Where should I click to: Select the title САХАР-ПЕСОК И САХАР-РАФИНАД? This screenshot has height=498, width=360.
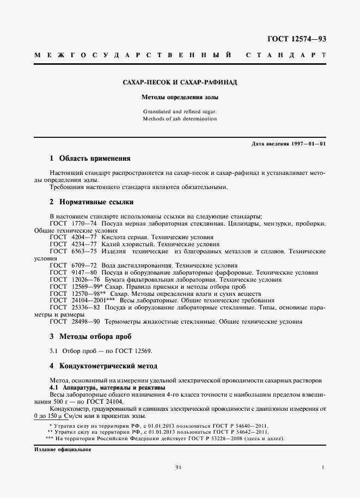pyautogui.click(x=180, y=83)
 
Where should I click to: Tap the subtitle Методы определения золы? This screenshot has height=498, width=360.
pyautogui.click(x=180, y=98)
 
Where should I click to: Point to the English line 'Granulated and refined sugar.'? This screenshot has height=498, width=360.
pyautogui.click(x=180, y=111)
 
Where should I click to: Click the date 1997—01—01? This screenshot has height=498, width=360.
pyautogui.click(x=307, y=143)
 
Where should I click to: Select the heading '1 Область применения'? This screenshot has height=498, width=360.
pyautogui.click(x=90, y=159)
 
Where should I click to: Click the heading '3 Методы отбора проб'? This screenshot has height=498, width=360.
pyautogui.click(x=90, y=336)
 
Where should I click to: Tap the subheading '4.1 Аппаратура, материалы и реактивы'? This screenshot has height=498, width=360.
pyautogui.click(x=100, y=387)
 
